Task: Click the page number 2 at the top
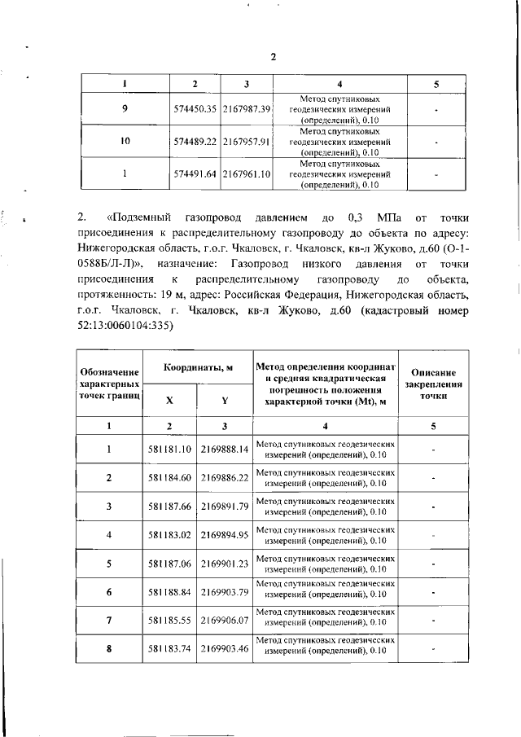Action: pos(274,56)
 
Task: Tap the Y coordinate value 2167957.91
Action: pos(246,141)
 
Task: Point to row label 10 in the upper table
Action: pos(125,141)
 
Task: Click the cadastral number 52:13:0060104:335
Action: pos(125,325)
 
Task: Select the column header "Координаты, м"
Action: pos(198,368)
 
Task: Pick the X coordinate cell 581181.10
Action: pos(170,449)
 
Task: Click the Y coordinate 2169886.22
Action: pos(225,476)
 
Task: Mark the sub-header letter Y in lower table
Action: pos(225,400)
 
